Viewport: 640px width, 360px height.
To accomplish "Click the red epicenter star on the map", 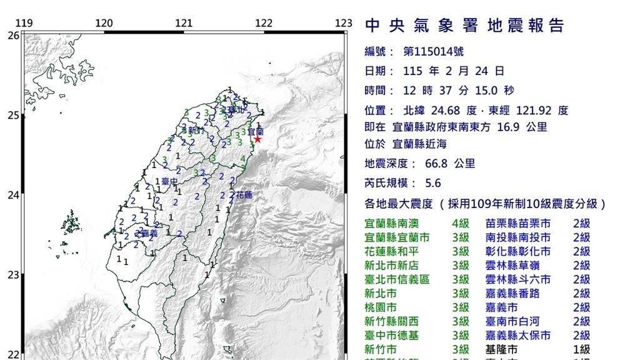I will click(x=257, y=139).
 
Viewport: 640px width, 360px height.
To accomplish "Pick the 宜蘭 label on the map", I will click(x=256, y=132).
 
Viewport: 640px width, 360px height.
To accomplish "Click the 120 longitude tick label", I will click(x=104, y=24).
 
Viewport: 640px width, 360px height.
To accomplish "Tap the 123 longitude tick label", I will click(x=344, y=24).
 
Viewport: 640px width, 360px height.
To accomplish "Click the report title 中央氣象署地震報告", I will click(x=464, y=26).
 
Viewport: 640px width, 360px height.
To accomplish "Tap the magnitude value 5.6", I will click(x=432, y=183).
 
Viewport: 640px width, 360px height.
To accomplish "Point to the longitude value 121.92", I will click(x=532, y=111).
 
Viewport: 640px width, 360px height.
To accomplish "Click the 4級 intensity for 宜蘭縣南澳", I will click(x=460, y=223).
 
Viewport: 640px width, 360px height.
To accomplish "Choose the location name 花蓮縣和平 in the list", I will click(x=392, y=251).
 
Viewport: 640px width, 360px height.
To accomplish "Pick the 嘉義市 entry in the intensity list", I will click(x=501, y=307).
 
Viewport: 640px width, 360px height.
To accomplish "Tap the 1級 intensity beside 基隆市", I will click(x=581, y=349).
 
